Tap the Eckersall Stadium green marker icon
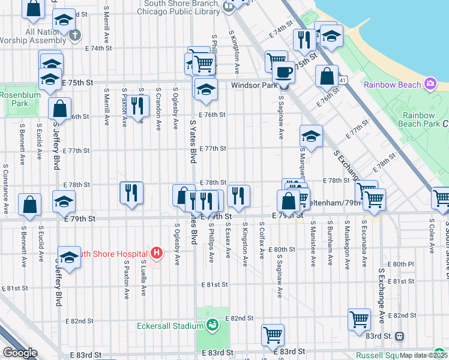(x=212, y=326)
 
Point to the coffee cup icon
(x=283, y=73)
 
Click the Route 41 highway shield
(x=342, y=79)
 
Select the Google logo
(x=20, y=353)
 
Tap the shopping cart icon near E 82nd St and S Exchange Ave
(x=359, y=319)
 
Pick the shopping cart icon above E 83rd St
(x=273, y=334)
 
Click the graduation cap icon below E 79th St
(x=70, y=257)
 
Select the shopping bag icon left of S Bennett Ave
(x=29, y=204)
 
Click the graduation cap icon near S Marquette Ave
(x=310, y=136)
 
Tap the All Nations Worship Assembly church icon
(x=74, y=35)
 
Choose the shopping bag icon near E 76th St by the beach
(x=327, y=76)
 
